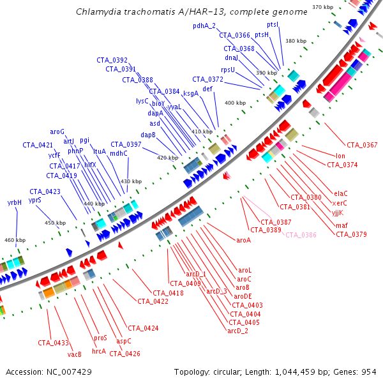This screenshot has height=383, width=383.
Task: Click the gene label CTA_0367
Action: (362, 145)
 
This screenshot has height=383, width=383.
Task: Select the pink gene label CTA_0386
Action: (301, 235)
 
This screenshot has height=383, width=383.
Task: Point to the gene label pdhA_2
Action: (204, 26)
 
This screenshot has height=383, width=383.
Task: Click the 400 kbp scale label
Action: (234, 103)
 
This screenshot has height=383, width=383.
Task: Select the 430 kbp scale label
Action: (131, 182)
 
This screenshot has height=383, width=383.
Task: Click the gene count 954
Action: (369, 371)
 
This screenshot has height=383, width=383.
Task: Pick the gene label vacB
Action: (75, 354)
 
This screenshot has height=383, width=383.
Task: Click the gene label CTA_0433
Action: (53, 343)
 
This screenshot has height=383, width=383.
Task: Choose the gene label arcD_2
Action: (237, 331)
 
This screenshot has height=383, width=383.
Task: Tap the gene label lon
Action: (340, 156)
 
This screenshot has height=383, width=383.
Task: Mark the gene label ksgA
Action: (191, 93)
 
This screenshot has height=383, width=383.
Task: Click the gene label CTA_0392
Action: (112, 59)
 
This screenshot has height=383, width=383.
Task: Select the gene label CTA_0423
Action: (45, 191)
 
